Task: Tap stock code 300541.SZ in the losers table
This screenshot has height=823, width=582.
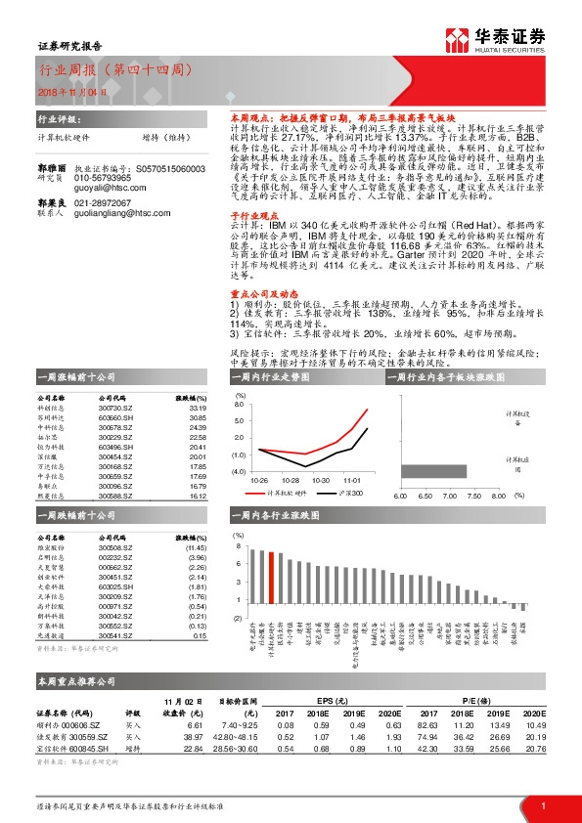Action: [x=113, y=635]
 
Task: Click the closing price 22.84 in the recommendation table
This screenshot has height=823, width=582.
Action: [x=193, y=748]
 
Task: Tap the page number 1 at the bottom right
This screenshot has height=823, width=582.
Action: [x=543, y=805]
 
